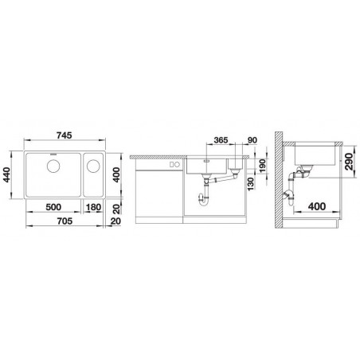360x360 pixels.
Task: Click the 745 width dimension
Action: point(65,135)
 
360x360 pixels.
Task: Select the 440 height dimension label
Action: point(6,174)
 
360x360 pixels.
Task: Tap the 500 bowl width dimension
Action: point(53,207)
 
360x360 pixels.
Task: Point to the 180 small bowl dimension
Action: point(94,207)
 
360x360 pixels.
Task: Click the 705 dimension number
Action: point(65,221)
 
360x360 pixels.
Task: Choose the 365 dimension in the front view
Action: point(221,140)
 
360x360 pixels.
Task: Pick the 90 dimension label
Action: point(252,140)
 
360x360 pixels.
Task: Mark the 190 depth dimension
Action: point(263,166)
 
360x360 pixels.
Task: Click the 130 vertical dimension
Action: point(251,184)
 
